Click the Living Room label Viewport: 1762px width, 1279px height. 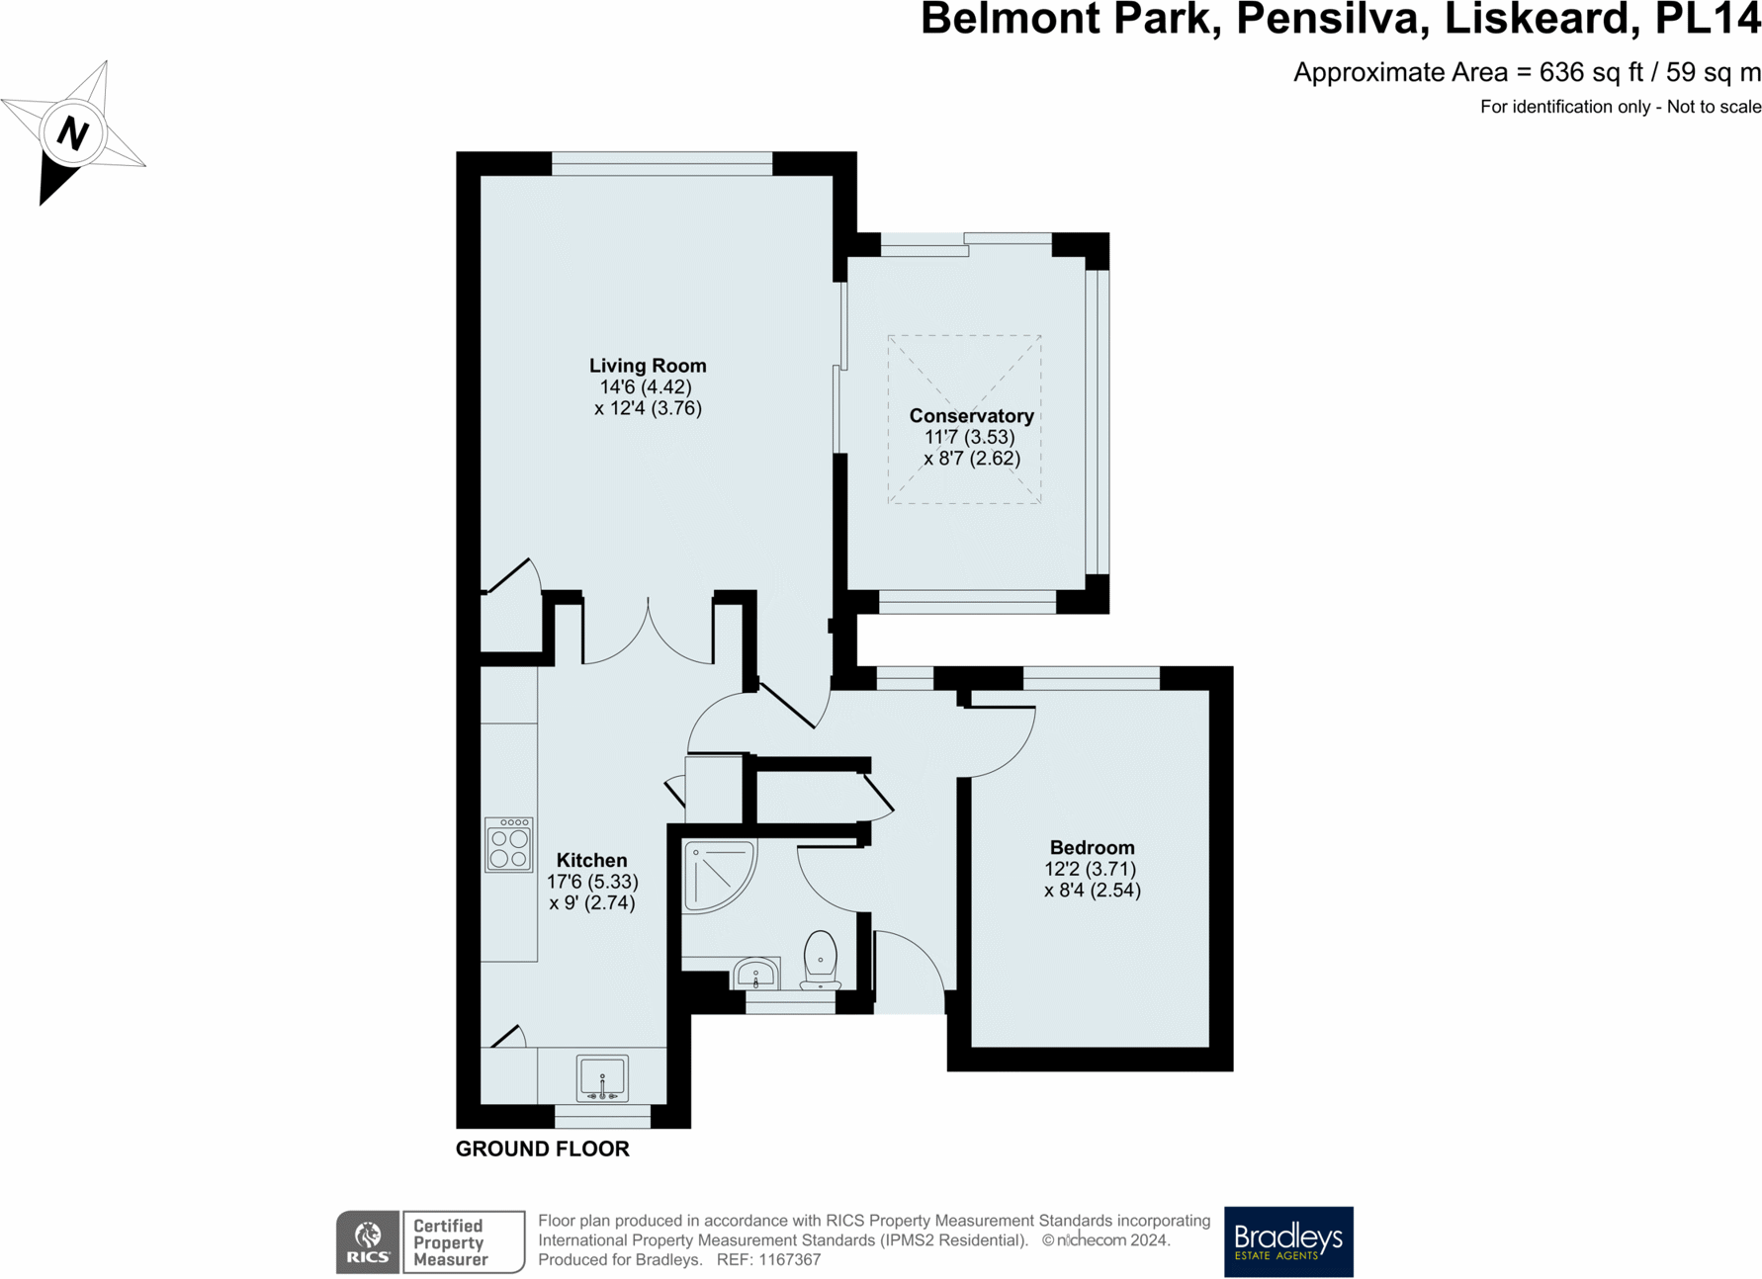click(648, 366)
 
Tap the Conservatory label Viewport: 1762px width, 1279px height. click(971, 416)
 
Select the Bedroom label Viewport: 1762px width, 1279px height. click(1092, 848)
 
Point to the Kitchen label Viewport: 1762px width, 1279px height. click(591, 860)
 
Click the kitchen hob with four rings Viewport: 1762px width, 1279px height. click(508, 844)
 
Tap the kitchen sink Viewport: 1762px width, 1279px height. click(602, 1077)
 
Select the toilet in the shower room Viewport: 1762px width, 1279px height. click(820, 960)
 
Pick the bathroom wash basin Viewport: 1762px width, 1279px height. click(756, 974)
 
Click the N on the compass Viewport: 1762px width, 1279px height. click(73, 132)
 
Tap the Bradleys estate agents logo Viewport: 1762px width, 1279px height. click(1287, 1241)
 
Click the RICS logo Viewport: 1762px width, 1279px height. click(368, 1242)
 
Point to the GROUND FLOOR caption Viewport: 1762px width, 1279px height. click(542, 1149)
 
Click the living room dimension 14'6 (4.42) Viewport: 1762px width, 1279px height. click(646, 387)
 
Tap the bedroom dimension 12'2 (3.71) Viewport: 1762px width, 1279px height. click(1091, 869)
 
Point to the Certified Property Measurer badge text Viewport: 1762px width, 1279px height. click(451, 1242)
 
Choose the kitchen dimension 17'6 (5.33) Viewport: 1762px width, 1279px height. click(592, 882)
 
